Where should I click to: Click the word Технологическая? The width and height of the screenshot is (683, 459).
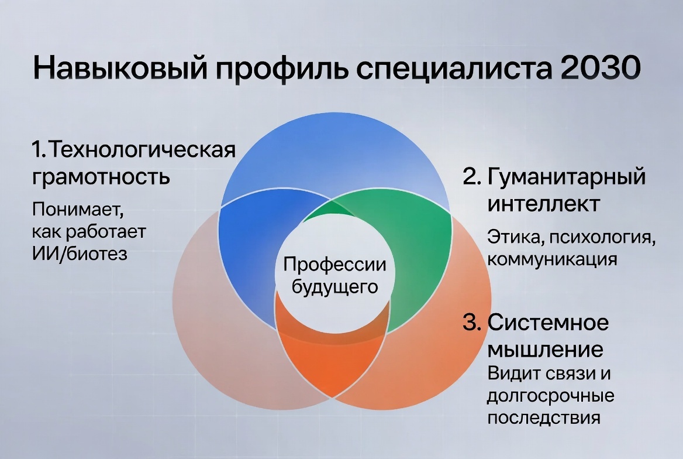140,150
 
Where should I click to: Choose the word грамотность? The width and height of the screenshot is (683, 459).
101,176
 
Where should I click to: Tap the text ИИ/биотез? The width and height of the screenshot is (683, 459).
79,255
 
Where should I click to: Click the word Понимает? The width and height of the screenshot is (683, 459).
78,209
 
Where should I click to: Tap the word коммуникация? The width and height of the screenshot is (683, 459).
552,258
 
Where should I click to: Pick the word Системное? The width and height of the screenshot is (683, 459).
549,322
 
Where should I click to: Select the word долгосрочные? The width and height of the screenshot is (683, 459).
551,396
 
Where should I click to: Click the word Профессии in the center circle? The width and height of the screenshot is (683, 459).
334,265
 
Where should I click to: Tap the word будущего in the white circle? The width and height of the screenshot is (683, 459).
334,287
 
